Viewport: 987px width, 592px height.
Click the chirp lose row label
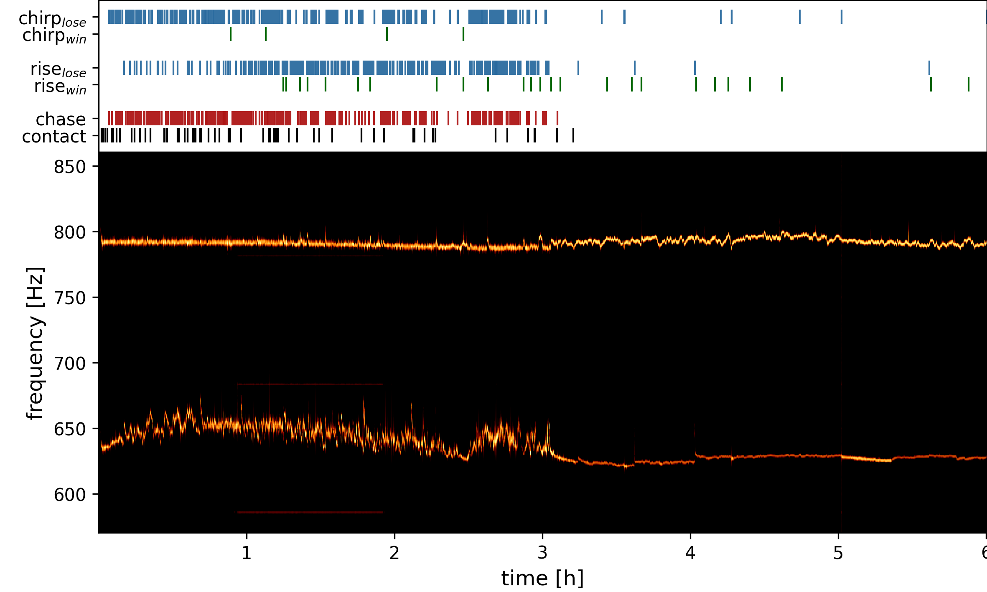(52, 19)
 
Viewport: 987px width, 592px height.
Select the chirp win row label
(54, 36)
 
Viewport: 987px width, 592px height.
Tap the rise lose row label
(58, 69)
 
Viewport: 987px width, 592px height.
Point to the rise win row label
(60, 86)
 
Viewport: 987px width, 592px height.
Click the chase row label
(61, 119)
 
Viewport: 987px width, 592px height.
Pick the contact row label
(54, 137)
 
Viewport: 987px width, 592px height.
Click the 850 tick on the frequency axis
(70, 167)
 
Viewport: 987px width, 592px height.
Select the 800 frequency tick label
(70, 232)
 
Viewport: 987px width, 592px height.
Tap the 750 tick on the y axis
(70, 298)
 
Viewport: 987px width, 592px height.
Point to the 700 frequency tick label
(70, 363)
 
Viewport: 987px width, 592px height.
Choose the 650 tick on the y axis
(70, 429)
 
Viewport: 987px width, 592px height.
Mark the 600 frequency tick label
(70, 495)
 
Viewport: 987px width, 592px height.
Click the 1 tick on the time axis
(247, 553)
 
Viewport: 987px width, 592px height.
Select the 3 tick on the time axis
(542, 553)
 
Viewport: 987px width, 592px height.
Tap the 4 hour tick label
(690, 553)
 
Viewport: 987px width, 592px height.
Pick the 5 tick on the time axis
(838, 553)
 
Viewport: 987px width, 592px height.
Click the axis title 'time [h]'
(542, 578)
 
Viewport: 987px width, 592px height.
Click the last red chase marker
(557, 118)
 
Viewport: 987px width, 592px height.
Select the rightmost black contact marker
(573, 135)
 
